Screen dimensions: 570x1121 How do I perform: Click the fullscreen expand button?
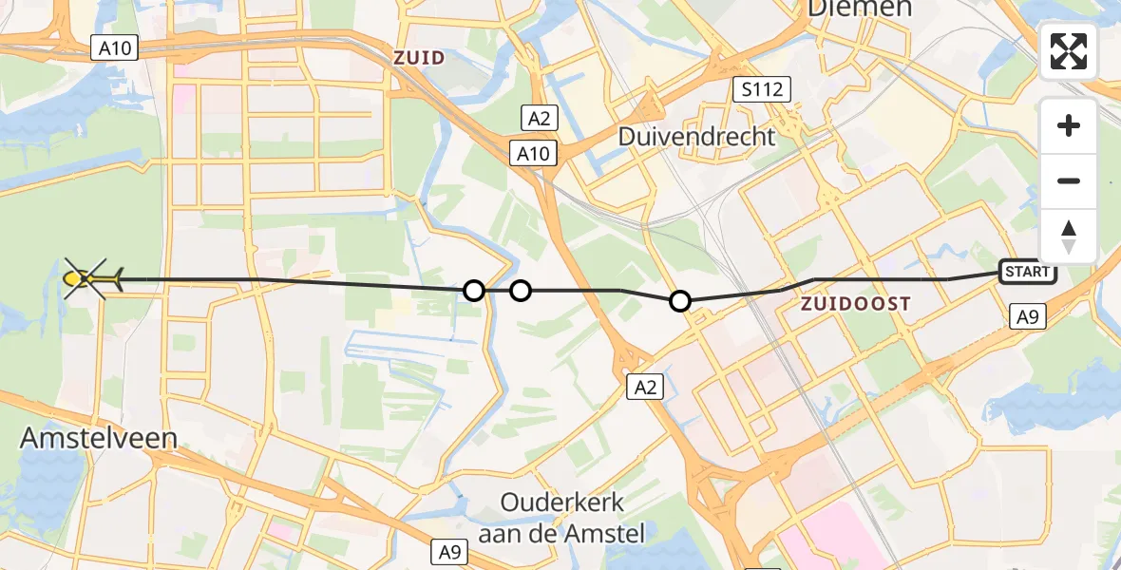(x=1069, y=51)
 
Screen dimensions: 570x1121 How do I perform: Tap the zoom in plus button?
(x=1069, y=125)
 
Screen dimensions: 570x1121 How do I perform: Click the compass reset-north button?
(x=1069, y=236)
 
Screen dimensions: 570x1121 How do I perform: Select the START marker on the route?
(x=1028, y=272)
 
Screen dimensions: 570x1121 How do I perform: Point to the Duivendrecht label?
(x=696, y=137)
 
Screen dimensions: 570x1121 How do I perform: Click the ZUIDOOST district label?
(x=855, y=304)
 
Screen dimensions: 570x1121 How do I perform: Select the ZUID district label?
(x=419, y=58)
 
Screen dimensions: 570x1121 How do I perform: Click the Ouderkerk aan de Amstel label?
(x=561, y=518)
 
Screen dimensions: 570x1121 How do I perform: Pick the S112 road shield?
(x=763, y=90)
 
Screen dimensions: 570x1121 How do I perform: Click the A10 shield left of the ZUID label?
(x=112, y=47)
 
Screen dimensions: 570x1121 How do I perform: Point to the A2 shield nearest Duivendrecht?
(x=539, y=118)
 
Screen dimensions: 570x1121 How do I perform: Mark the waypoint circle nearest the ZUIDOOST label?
(x=680, y=301)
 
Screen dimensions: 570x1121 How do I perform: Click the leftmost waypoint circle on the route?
(x=473, y=290)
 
